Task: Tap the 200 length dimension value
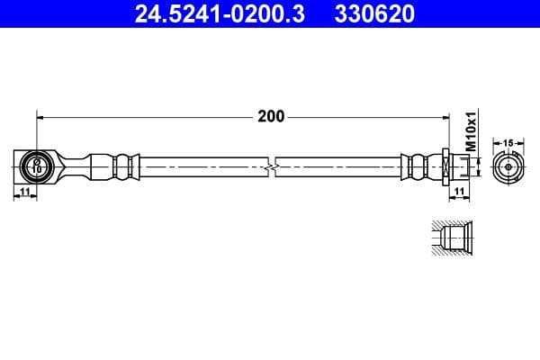[271, 116]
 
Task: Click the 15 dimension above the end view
[508, 143]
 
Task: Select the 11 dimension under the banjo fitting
[24, 192]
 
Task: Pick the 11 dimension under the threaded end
[458, 192]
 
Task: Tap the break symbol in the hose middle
[272, 166]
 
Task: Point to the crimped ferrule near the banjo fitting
[124, 166]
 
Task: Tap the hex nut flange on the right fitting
[445, 166]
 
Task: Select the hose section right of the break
[337, 166]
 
